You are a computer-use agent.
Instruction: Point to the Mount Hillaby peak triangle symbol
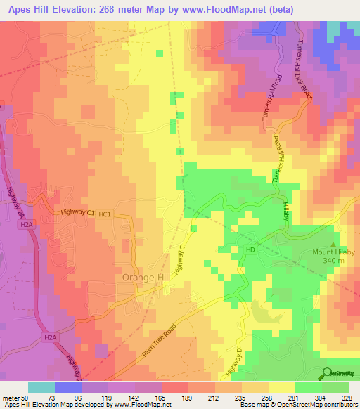(334, 238)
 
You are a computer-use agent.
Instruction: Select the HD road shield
(250, 249)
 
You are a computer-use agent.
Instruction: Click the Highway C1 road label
(77, 212)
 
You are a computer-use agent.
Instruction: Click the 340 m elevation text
(334, 261)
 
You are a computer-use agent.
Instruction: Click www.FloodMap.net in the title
(219, 9)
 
